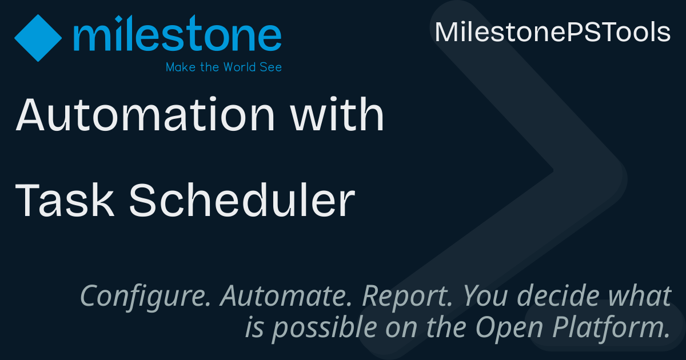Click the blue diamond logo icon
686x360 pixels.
pos(38,38)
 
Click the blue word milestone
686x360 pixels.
pos(177,33)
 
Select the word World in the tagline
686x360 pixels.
pos(240,67)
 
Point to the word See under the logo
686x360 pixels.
pos(271,67)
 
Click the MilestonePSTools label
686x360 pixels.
pos(553,32)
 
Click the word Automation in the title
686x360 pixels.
pos(145,114)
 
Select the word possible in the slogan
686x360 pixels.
pos(325,328)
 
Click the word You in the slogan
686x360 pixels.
pos(485,296)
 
